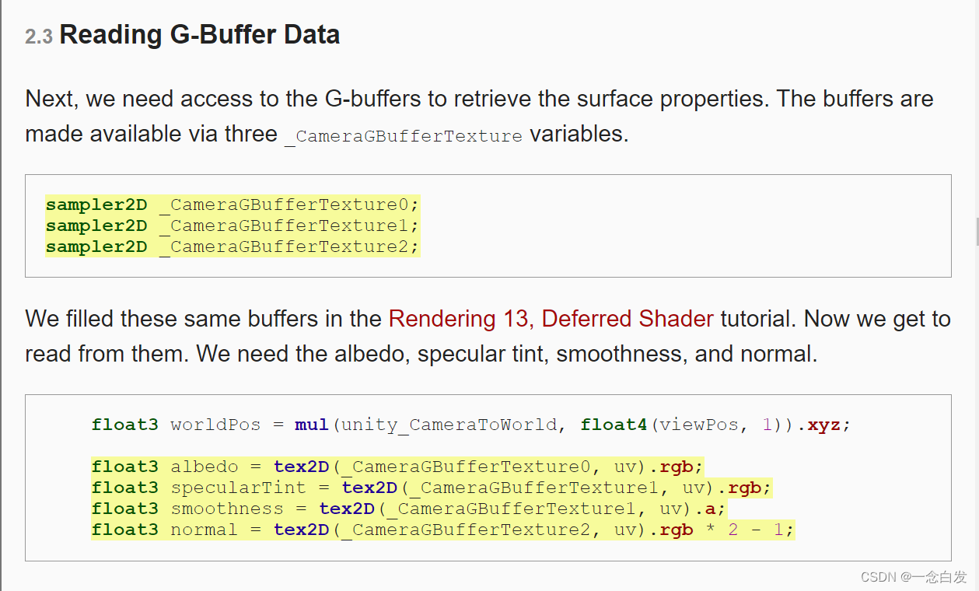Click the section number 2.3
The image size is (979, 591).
38,37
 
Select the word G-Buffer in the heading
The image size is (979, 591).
214,35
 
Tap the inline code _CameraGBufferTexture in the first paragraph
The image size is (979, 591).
404,136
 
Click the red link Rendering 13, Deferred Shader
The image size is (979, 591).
551,319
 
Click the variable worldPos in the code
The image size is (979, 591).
215,425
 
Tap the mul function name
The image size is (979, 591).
312,425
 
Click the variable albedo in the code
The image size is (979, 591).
205,467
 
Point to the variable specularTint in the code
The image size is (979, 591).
238,488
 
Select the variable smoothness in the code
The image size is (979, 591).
227,509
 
